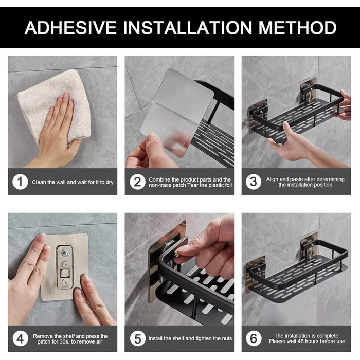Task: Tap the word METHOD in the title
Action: coord(297,28)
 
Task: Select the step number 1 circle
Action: coord(20,182)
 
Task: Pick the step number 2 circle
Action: coord(137,182)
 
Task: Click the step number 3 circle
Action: coord(253,182)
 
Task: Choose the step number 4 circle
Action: coord(21,338)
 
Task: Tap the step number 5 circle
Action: coord(138,338)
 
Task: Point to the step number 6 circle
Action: coord(254,338)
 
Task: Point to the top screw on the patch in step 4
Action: coord(65,253)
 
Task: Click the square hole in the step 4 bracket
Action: coord(64,273)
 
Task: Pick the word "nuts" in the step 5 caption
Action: coord(227,338)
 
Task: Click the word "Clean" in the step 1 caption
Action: coord(39,182)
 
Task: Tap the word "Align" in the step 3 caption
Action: coord(272,179)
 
